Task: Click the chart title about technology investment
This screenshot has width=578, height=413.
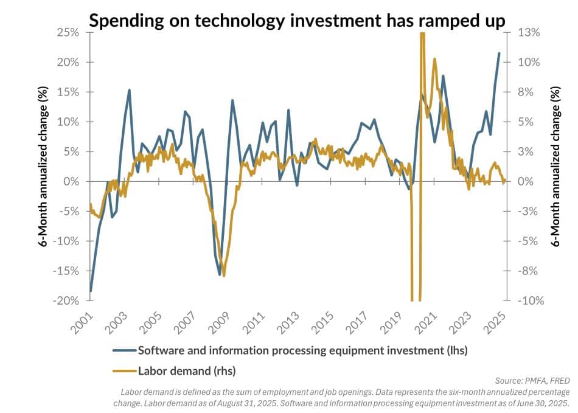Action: click(296, 21)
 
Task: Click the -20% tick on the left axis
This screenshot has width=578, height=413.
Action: click(69, 300)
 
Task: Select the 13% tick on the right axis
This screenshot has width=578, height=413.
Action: click(529, 32)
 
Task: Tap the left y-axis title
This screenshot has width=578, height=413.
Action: click(43, 167)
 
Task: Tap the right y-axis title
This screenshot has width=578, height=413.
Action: click(555, 167)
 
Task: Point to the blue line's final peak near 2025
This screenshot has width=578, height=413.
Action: click(500, 53)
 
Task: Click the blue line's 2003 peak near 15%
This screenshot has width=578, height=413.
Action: click(129, 90)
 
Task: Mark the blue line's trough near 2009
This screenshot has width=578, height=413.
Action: click(220, 274)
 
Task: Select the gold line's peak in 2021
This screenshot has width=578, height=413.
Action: click(434, 59)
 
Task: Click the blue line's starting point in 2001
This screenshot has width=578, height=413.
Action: click(91, 291)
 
